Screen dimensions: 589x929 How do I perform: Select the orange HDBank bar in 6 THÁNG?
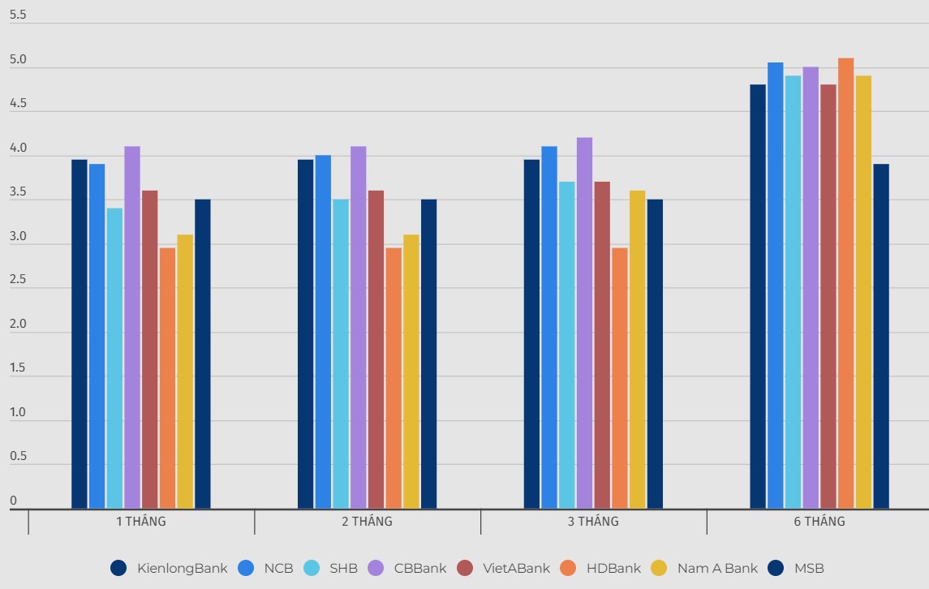click(845, 283)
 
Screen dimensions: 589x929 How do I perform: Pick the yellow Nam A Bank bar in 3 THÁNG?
click(638, 350)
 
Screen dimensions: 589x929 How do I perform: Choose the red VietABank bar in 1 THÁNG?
click(150, 350)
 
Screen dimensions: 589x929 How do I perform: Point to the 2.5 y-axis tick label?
click(18, 280)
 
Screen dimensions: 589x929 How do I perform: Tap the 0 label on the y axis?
click(13, 501)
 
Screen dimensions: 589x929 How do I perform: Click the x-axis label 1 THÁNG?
click(141, 522)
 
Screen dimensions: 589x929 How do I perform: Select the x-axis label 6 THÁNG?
click(819, 522)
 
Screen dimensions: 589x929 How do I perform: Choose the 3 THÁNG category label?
click(593, 522)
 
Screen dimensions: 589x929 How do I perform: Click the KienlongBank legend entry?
click(170, 568)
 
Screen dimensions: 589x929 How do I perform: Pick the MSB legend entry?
click(795, 568)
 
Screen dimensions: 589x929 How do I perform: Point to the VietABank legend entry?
click(503, 568)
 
